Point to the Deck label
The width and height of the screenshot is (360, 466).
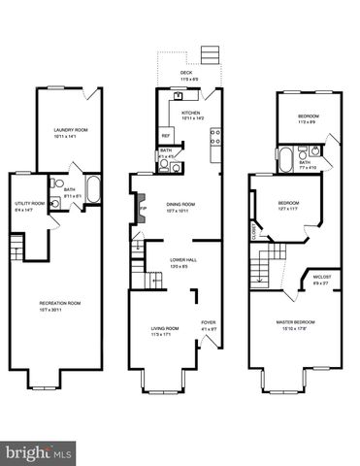(185, 74)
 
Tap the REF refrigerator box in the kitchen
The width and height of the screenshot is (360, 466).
(166, 135)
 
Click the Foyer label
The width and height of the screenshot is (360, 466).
(208, 323)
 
